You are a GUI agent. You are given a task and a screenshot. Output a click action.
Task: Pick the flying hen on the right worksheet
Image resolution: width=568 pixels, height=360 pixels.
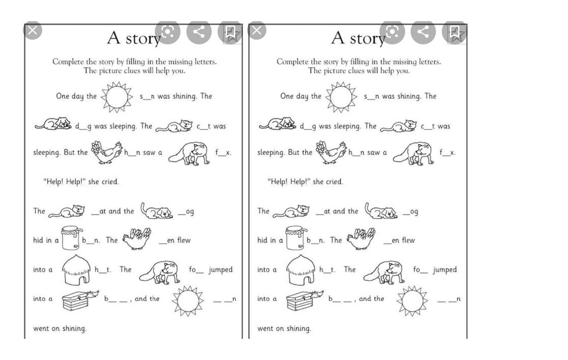pyautogui.click(x=361, y=238)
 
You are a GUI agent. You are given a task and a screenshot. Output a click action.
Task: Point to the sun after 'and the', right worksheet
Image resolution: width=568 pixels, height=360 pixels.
pyautogui.click(x=412, y=300)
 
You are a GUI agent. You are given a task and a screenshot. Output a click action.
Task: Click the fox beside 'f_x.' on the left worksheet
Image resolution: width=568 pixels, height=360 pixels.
pyautogui.click(x=189, y=153)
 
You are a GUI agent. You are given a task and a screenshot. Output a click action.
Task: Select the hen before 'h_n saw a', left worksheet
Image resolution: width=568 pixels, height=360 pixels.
pyautogui.click(x=106, y=152)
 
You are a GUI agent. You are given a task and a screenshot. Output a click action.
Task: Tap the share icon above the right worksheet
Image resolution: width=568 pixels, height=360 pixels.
pyautogui.click(x=423, y=32)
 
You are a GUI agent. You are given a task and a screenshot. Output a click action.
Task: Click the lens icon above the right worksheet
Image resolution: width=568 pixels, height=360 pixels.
pyautogui.click(x=392, y=32)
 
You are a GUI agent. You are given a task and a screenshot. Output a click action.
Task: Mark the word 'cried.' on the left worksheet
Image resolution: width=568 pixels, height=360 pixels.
pyautogui.click(x=110, y=182)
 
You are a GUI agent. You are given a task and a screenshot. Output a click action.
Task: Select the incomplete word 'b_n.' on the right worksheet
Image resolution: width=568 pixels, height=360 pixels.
pyautogui.click(x=316, y=240)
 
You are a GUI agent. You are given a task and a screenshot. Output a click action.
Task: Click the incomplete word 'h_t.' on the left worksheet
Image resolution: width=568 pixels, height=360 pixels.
pyautogui.click(x=102, y=270)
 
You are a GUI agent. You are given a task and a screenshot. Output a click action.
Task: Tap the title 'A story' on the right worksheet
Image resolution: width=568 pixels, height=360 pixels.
pyautogui.click(x=358, y=38)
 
